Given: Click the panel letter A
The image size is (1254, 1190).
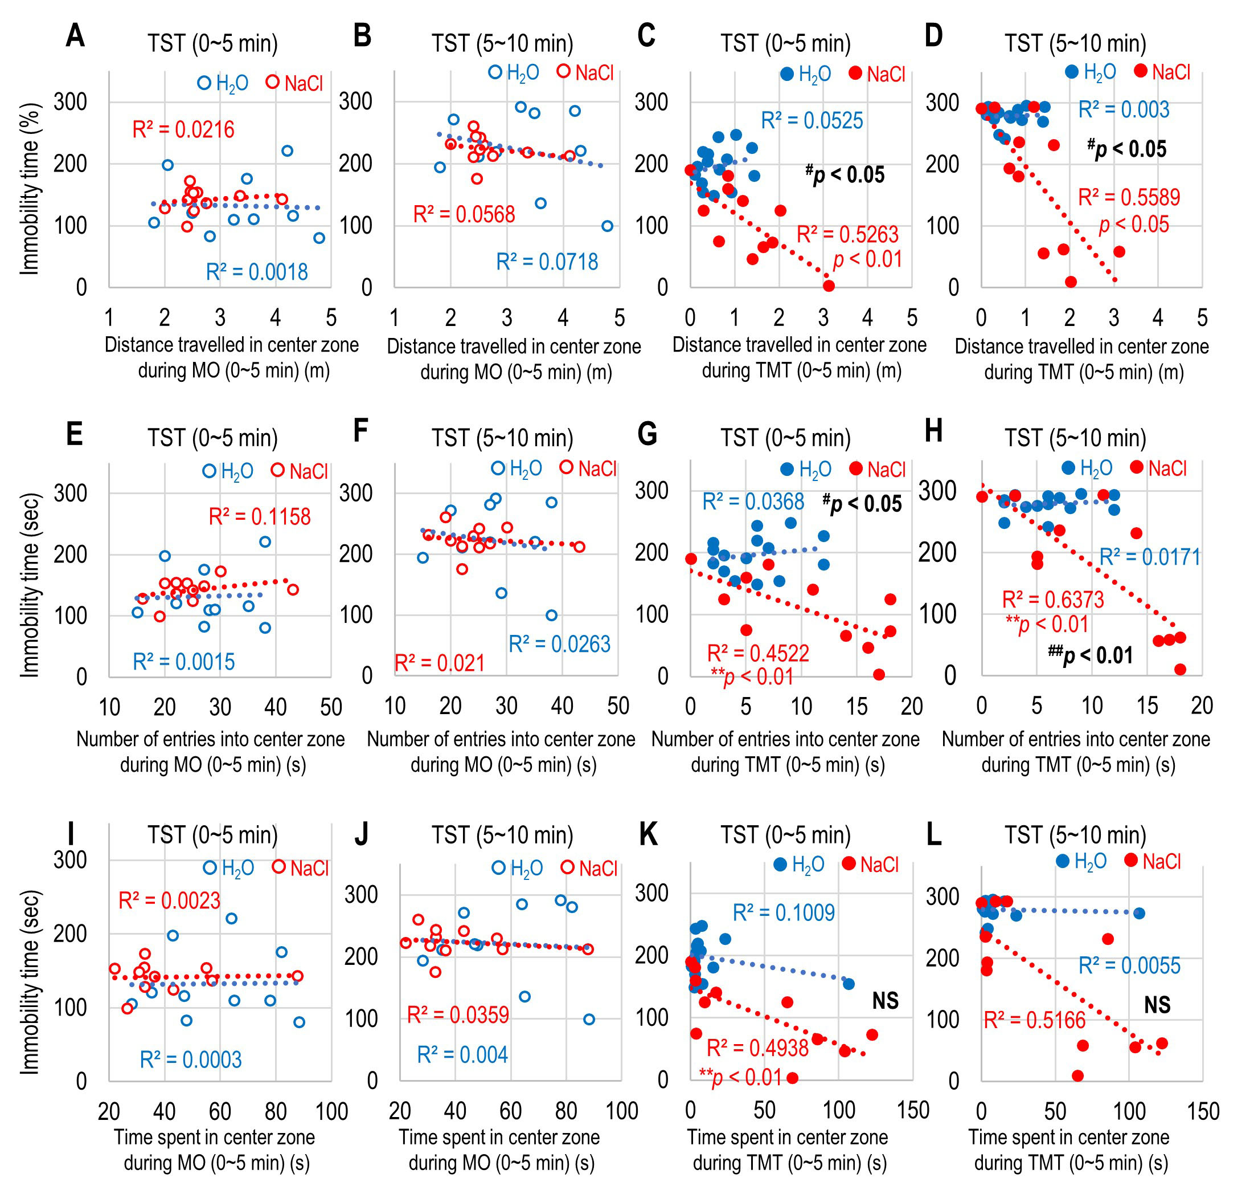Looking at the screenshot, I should [75, 35].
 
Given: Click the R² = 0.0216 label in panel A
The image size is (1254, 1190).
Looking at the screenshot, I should [183, 130].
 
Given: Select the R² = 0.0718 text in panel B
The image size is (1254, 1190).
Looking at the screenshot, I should [547, 262].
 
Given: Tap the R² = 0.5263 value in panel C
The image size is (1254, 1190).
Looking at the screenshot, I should [847, 235].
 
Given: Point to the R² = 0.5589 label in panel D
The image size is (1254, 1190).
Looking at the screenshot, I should [1129, 197].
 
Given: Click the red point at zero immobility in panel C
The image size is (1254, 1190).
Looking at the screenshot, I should [828, 286].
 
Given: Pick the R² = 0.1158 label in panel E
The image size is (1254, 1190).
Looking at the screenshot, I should [259, 517].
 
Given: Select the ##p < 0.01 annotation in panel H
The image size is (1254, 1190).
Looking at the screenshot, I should [1091, 655].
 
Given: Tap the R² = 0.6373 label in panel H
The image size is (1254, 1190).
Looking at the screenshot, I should [1052, 600].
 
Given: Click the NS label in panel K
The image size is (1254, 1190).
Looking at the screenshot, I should [885, 1001].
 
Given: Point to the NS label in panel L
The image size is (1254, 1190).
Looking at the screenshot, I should [1157, 1005].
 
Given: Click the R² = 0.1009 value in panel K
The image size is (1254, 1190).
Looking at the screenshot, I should [784, 913].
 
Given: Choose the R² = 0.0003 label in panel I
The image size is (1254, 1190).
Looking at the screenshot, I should [191, 1060].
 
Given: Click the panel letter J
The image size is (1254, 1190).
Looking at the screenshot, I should [362, 835].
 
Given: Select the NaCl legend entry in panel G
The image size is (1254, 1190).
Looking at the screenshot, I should [878, 470].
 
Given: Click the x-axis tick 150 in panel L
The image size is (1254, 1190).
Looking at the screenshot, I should [1203, 1111].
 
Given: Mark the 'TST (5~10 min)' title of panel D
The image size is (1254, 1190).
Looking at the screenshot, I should [1075, 44].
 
